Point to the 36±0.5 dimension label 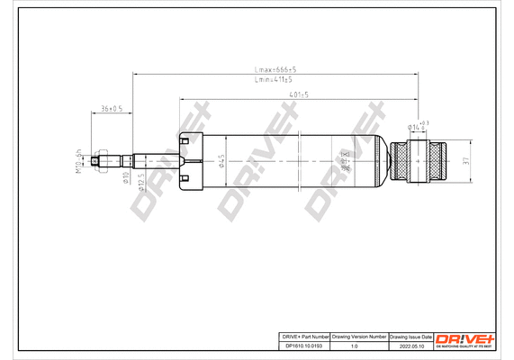click(x=111, y=108)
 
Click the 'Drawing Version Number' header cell click(x=358, y=335)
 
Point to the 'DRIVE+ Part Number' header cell click(x=302, y=335)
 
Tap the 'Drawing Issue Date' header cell click(x=410, y=335)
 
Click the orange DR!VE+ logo click(x=464, y=337)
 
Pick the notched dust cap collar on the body click(x=187, y=162)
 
